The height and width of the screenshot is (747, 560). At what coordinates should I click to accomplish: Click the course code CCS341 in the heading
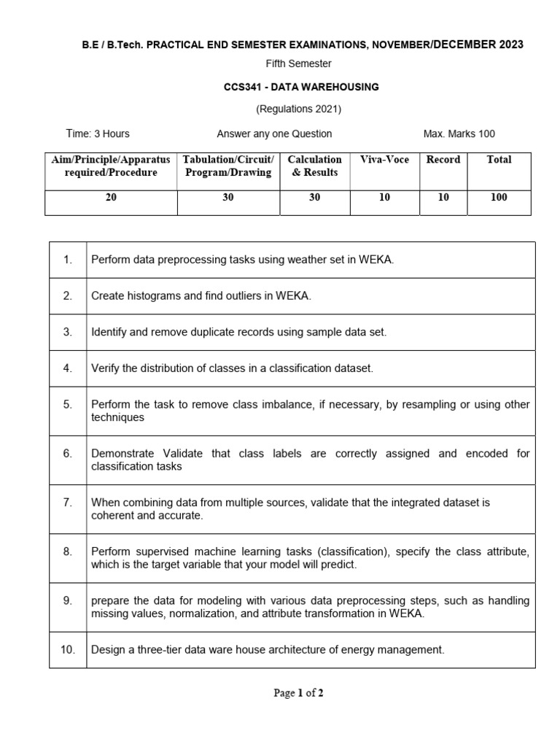pyautogui.click(x=241, y=87)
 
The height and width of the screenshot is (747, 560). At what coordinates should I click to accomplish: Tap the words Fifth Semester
pyautogui.click(x=298, y=63)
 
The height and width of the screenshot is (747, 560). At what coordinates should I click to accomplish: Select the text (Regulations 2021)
pyautogui.click(x=298, y=109)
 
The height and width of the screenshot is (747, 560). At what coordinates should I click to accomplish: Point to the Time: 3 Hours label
pyautogui.click(x=98, y=133)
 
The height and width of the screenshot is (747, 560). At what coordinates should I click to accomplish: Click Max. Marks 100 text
pyautogui.click(x=459, y=133)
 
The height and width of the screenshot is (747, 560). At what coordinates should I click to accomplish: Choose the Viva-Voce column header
pyautogui.click(x=384, y=160)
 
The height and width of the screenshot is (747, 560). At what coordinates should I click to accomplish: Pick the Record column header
pyautogui.click(x=443, y=160)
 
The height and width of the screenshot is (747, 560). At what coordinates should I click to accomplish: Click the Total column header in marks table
pyautogui.click(x=499, y=160)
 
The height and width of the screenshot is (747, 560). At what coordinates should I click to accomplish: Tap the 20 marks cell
pyautogui.click(x=111, y=197)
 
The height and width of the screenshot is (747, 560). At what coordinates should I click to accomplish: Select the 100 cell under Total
pyautogui.click(x=499, y=197)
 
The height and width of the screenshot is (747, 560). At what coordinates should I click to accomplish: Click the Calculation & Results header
pyautogui.click(x=315, y=166)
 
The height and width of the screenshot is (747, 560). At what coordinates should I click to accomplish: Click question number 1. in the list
pyautogui.click(x=68, y=260)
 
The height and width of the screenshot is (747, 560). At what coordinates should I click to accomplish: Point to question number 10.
pyautogui.click(x=68, y=649)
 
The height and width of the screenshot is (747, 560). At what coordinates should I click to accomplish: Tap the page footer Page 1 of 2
pyautogui.click(x=298, y=694)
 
